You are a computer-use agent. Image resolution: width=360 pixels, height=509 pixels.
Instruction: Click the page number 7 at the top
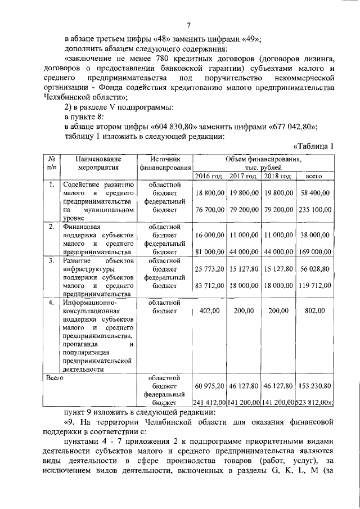click(x=190, y=24)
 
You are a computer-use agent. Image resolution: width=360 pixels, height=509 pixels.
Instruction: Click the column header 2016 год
click(x=209, y=176)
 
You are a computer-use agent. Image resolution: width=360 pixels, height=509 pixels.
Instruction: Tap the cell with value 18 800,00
click(x=209, y=193)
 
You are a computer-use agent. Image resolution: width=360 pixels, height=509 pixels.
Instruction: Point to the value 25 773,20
click(x=209, y=269)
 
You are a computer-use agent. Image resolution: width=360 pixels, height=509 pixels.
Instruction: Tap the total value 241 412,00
click(x=210, y=403)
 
